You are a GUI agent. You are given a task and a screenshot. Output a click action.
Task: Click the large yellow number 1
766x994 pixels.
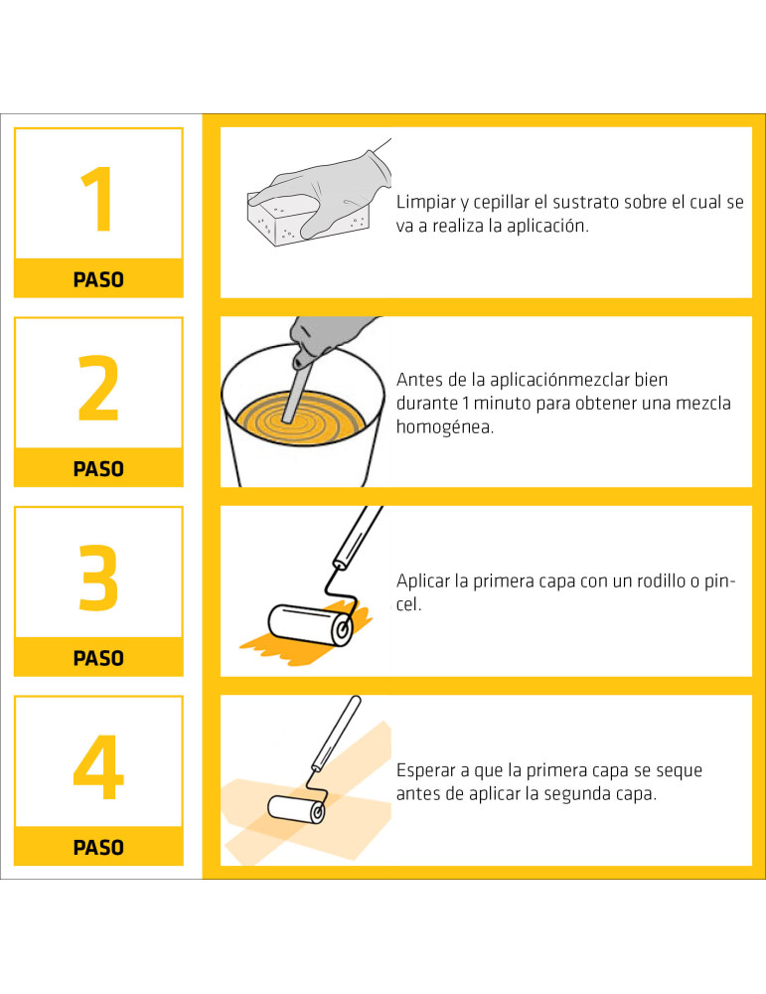(99, 199)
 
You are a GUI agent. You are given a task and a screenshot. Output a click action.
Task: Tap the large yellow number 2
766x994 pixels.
(98, 388)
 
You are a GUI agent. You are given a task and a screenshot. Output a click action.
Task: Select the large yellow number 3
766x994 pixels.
(98, 578)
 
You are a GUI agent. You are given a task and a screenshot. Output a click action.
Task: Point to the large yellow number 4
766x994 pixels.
(98, 767)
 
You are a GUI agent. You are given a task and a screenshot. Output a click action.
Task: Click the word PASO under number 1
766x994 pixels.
(98, 279)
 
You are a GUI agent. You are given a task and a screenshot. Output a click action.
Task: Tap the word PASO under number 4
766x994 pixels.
(98, 848)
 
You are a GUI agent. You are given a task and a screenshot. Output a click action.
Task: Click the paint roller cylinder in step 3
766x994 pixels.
(310, 625)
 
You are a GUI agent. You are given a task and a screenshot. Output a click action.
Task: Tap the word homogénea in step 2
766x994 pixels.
(445, 427)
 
